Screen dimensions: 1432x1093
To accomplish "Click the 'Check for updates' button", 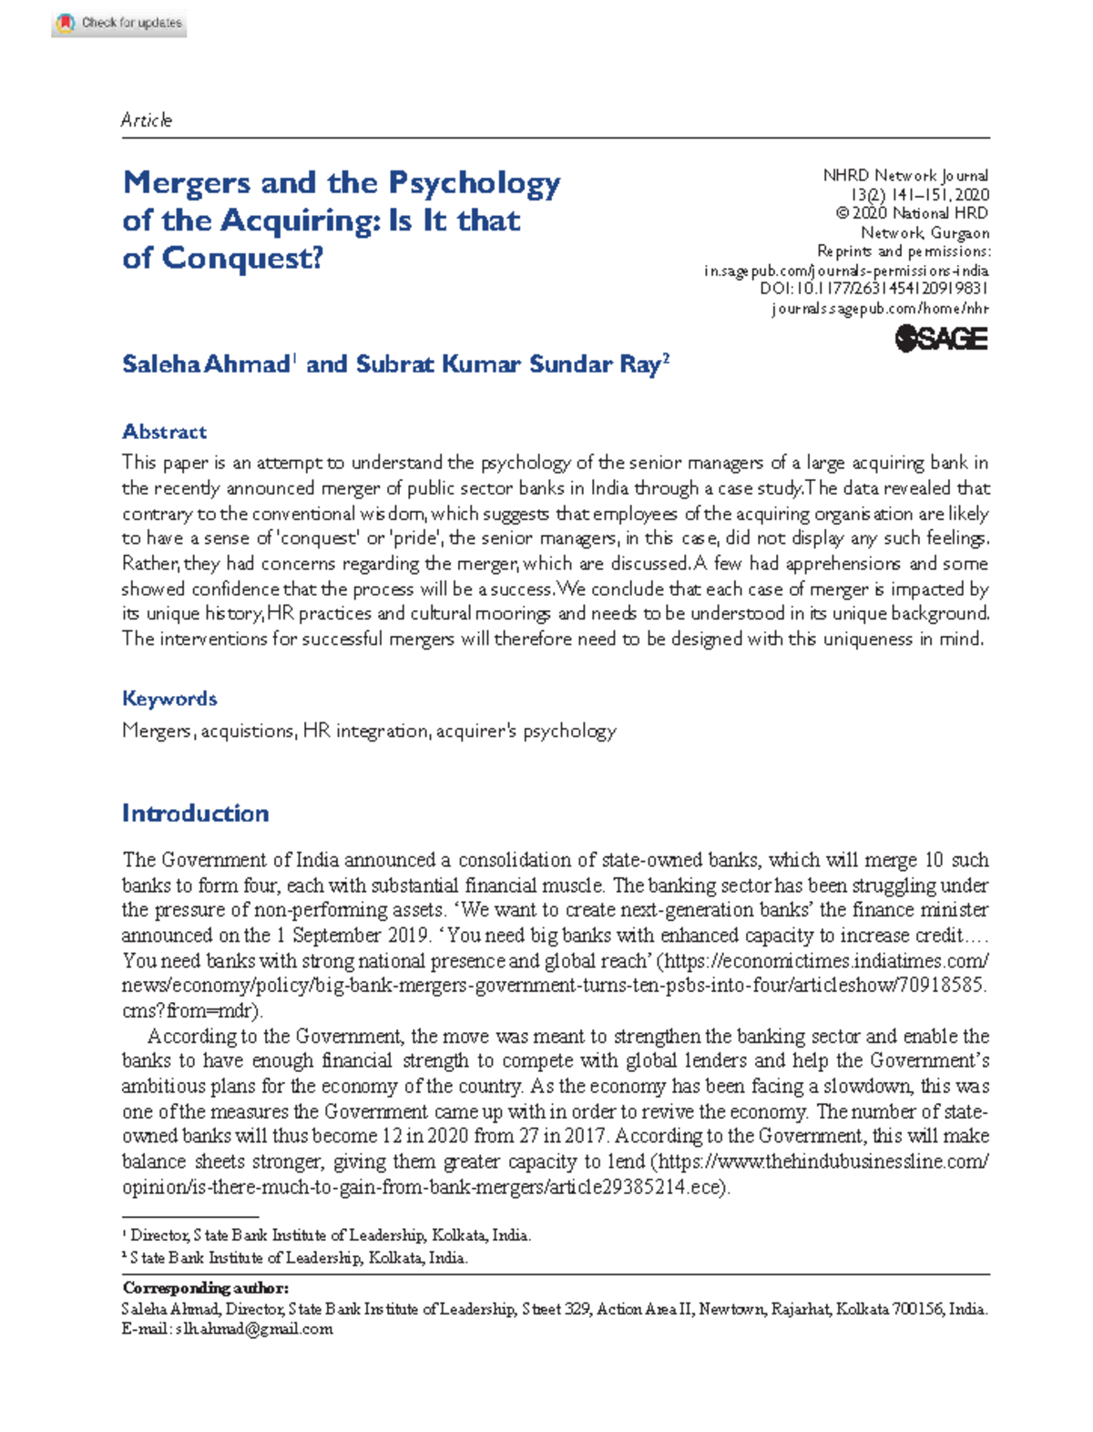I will tap(119, 23).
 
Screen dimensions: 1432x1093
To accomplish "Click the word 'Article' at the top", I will tap(147, 120).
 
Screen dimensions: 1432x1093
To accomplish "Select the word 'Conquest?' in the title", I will tap(242, 259).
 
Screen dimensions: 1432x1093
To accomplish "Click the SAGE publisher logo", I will tap(941, 339).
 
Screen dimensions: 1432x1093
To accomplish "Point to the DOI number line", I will tap(873, 289).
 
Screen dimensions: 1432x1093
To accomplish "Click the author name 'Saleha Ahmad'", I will tap(206, 364).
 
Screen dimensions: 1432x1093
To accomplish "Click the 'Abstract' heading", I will tap(164, 432).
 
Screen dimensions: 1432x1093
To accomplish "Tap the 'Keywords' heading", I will tap(169, 699).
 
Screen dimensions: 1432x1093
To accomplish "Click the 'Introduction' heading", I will tap(195, 813).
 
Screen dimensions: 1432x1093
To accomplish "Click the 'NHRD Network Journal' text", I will tap(905, 175).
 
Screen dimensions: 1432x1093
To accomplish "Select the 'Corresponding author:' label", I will tap(205, 1288).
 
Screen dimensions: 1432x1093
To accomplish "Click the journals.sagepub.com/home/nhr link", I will tap(880, 309).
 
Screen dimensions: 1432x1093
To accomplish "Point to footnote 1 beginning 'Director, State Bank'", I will tap(328, 1235).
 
